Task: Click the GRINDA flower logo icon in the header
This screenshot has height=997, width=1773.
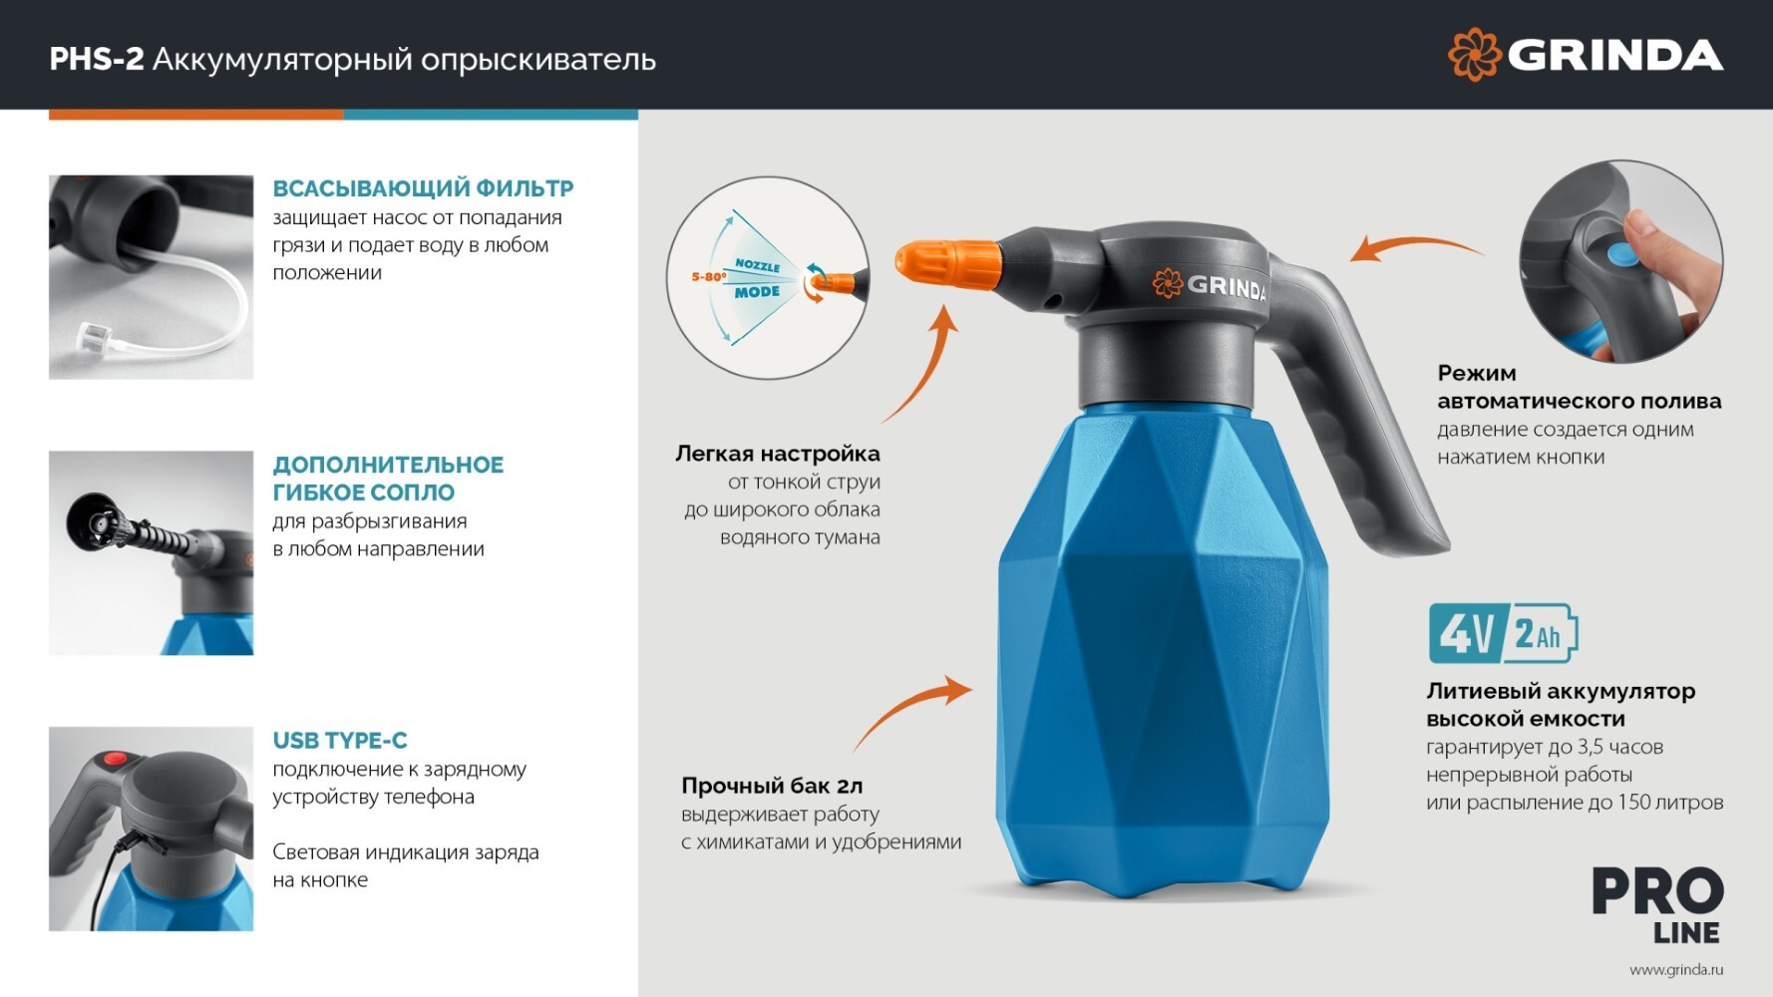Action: (x=1474, y=54)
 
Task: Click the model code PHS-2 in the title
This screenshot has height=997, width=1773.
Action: (x=97, y=60)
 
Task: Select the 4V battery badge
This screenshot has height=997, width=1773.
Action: (x=1465, y=633)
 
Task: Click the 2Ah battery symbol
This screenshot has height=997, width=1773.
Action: (x=1541, y=633)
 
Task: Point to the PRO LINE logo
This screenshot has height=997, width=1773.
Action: (x=1657, y=905)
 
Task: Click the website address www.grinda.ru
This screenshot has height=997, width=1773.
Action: (x=1676, y=969)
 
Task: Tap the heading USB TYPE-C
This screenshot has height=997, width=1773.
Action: (x=340, y=741)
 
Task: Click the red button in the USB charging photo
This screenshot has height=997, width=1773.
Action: (x=116, y=760)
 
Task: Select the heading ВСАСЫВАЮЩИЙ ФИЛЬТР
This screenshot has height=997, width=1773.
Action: (x=423, y=188)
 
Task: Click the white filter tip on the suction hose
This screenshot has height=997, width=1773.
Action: (x=91, y=335)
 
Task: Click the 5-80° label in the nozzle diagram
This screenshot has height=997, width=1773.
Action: (x=708, y=276)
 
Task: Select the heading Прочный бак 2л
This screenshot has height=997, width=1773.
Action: (x=772, y=787)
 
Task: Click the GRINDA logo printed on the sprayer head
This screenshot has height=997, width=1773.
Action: (x=1209, y=285)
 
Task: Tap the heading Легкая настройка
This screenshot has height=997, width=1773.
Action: (x=778, y=454)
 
